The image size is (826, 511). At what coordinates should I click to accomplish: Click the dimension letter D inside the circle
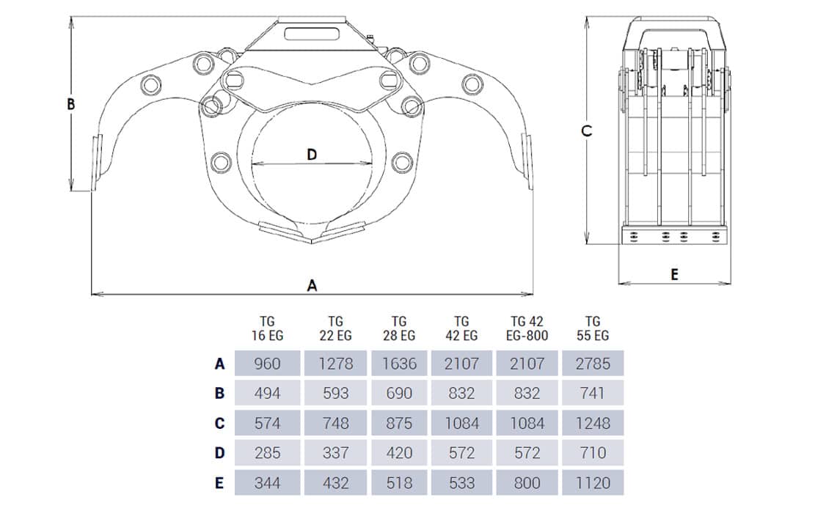pos(311,155)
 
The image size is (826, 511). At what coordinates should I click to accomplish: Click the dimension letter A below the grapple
pos(312,286)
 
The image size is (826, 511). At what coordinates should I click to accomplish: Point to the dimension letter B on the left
pos(71,104)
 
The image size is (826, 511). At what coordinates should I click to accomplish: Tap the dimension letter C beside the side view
pos(586,130)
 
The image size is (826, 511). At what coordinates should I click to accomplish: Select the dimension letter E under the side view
pos(674,275)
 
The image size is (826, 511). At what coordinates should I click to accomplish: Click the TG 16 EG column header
pos(266,328)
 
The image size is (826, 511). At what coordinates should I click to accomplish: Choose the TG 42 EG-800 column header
pos(528,328)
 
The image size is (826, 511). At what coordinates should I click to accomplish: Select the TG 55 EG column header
pos(593,328)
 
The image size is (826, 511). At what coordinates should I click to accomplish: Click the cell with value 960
pos(267,363)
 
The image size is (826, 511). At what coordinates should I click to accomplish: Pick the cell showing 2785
pos(593,363)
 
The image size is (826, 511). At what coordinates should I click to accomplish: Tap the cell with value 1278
pos(335,363)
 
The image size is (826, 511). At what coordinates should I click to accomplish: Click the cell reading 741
pos(593,393)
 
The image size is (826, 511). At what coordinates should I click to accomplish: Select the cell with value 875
pos(399,423)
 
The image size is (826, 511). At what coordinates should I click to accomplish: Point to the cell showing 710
pos(593,452)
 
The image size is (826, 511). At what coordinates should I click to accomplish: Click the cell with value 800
pos(528,482)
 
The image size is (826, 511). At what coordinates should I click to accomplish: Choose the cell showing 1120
pos(593,482)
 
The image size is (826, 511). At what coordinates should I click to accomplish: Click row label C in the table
pos(219,423)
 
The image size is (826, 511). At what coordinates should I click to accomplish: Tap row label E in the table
pos(219,482)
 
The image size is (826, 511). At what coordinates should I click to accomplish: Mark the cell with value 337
pos(335,452)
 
